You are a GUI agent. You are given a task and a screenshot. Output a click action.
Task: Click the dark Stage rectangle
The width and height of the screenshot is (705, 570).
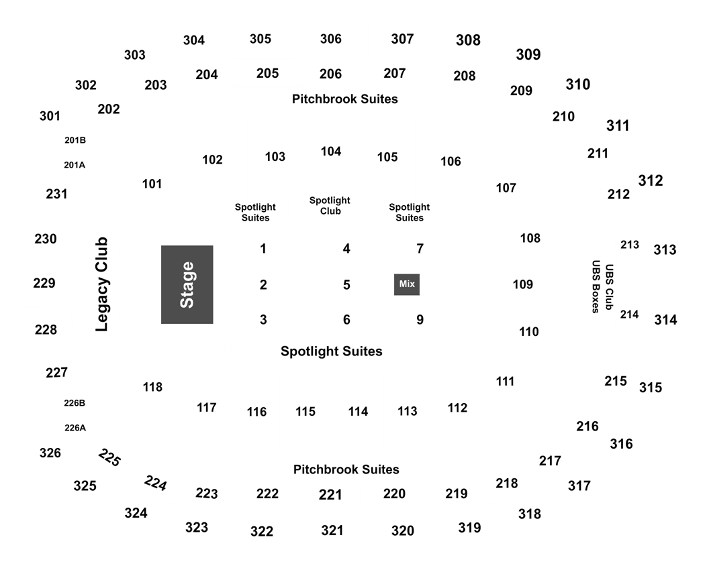pyautogui.click(x=187, y=284)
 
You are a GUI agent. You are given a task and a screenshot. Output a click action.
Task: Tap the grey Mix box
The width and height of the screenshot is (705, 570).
pyautogui.click(x=407, y=284)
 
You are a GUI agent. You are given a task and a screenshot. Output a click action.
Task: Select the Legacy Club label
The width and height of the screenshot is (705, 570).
pyautogui.click(x=102, y=284)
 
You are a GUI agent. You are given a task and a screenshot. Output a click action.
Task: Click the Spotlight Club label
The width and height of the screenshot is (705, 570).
pyautogui.click(x=330, y=205)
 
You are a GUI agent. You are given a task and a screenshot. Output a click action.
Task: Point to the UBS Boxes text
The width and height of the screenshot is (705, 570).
pyautogui.click(x=596, y=286)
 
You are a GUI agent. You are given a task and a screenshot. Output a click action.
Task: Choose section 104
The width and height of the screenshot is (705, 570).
pyautogui.click(x=331, y=152)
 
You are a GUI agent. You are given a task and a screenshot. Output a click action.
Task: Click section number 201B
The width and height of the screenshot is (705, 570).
pyautogui.click(x=75, y=140)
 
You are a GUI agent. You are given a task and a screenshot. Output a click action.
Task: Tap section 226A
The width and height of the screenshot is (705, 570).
pyautogui.click(x=75, y=428)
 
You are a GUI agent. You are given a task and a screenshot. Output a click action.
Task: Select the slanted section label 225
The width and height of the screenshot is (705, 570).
pyautogui.click(x=109, y=457)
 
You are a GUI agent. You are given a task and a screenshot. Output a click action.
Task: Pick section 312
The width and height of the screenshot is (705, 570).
pyautogui.click(x=651, y=180)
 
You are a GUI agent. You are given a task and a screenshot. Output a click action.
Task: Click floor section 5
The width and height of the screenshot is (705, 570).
pyautogui.click(x=346, y=284)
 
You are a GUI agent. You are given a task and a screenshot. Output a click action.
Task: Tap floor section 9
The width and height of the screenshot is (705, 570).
pyautogui.click(x=420, y=319)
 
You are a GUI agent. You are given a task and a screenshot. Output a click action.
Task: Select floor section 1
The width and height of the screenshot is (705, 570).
pyautogui.click(x=263, y=248)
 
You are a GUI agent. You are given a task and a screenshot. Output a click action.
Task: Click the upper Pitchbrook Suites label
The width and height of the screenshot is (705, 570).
pyautogui.click(x=345, y=99)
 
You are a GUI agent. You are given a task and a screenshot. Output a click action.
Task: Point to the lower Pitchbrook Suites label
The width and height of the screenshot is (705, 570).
pyautogui.click(x=346, y=469)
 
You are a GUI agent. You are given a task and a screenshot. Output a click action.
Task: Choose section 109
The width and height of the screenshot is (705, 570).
pyautogui.click(x=523, y=284)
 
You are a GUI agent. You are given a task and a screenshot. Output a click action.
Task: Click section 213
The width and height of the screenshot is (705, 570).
pyautogui.click(x=630, y=244)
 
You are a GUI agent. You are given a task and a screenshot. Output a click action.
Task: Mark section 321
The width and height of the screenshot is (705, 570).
pyautogui.click(x=332, y=530)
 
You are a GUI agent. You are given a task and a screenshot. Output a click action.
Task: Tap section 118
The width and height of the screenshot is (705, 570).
pyautogui.click(x=153, y=387)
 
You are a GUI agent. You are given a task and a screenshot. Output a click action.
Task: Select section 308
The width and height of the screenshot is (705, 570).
pyautogui.click(x=469, y=40)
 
